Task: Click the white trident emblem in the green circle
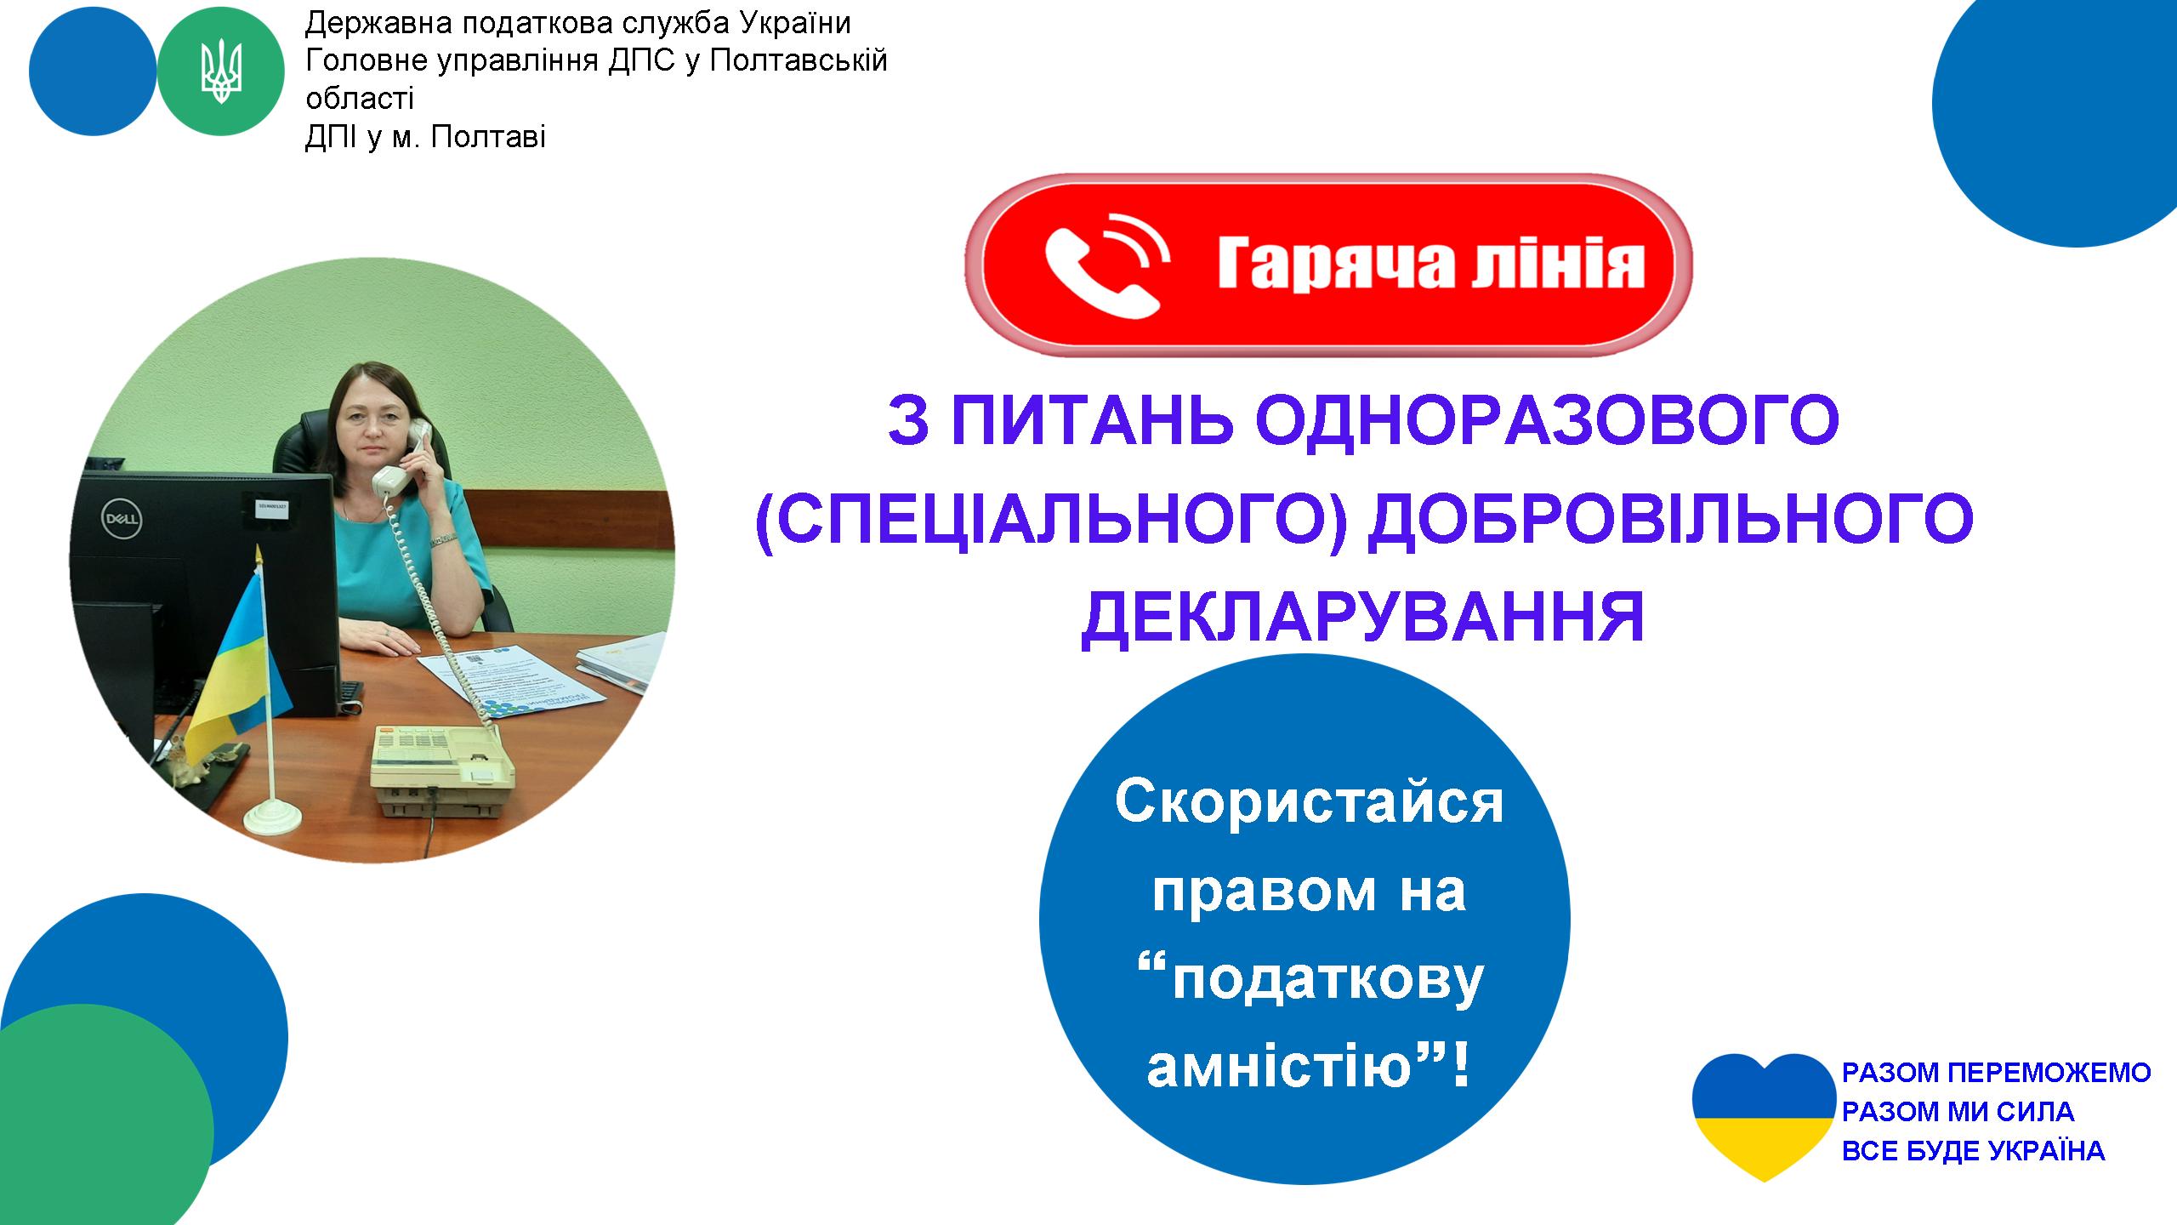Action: (x=221, y=72)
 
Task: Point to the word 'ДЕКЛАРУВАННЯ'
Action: (x=1363, y=618)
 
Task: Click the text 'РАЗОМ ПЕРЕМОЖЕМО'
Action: (x=1996, y=1073)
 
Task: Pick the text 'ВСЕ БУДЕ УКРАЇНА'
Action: (x=1973, y=1151)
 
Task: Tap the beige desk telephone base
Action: (x=442, y=770)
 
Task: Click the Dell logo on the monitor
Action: (x=122, y=518)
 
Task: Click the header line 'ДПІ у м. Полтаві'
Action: (x=425, y=136)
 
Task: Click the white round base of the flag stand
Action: (x=273, y=818)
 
